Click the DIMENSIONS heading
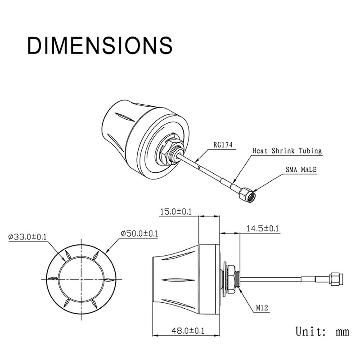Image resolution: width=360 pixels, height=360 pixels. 100,45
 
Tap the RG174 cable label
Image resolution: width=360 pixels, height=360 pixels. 223,145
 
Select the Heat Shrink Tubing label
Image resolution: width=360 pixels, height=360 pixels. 287,151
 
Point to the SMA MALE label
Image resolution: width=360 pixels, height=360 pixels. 301,170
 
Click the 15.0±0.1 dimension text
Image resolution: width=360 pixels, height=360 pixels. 175,211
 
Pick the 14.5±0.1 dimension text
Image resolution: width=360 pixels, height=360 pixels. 262,229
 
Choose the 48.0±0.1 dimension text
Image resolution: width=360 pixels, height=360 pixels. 188,331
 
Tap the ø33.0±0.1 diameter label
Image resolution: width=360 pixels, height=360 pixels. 27,237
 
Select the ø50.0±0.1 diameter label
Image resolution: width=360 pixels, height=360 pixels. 139,234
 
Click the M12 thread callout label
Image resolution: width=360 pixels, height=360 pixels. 262,308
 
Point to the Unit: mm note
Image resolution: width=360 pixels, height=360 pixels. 322,332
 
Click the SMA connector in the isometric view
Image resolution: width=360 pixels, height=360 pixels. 247,195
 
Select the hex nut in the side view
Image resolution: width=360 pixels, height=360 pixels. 231,279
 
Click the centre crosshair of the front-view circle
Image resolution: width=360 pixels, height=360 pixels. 81,279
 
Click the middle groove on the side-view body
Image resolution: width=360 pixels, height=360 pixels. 178,280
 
